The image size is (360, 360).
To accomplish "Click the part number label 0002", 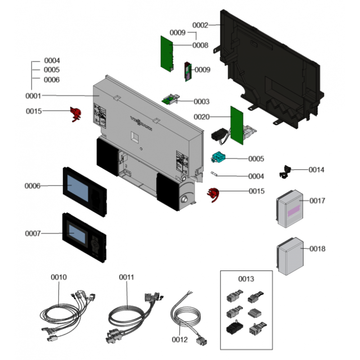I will point(200,25).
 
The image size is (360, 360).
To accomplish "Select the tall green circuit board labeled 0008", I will point(167,53).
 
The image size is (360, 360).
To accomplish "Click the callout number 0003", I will point(201,102).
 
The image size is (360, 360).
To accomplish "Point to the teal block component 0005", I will point(218,157).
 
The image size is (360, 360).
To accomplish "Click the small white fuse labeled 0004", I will point(216,173).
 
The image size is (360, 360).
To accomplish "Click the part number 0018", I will point(317,249).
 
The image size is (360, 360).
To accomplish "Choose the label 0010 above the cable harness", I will point(59,277).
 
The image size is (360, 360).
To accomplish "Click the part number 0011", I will point(126,278).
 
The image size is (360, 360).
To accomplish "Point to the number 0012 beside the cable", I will point(180,339).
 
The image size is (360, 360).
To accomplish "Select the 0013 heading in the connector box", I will point(246,279).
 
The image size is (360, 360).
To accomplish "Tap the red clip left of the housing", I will point(75,114).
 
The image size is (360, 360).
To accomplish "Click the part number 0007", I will point(33,234).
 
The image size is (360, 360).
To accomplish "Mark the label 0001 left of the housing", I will point(33,96).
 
